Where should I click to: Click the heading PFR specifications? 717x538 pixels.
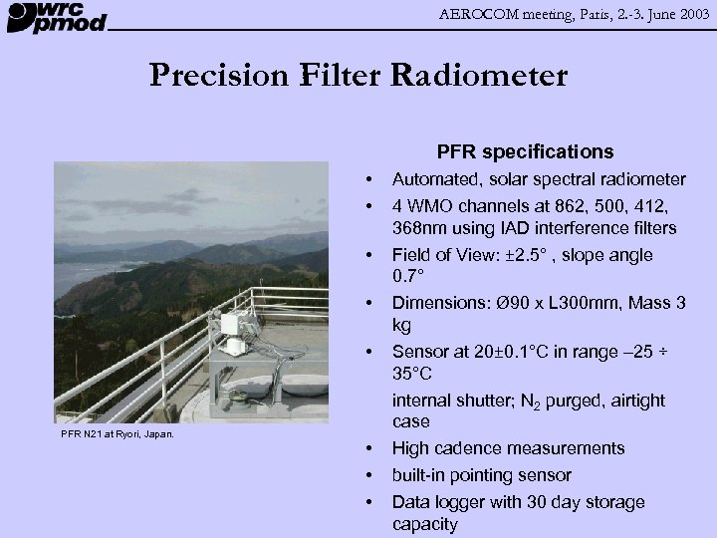(525, 152)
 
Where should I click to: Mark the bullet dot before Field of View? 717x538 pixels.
(369, 255)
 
